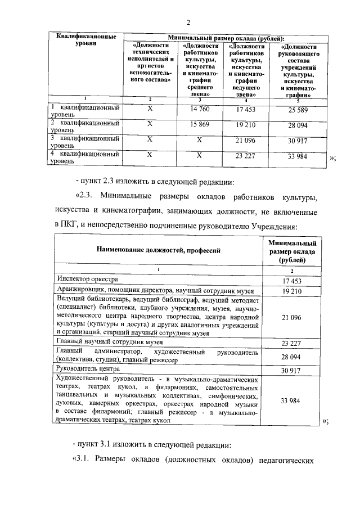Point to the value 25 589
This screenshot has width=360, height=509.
tap(298, 109)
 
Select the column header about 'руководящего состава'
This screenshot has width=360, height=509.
tap(297, 70)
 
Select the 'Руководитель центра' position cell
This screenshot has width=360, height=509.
tap(88, 369)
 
